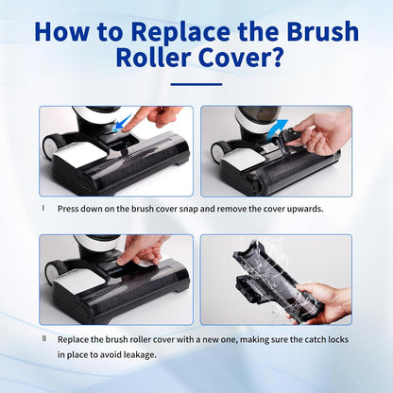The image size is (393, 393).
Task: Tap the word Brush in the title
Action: [317, 32]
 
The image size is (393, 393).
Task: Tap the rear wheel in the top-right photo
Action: [216, 150]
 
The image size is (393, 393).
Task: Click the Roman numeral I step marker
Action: [43, 206]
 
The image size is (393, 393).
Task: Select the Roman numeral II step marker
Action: [43, 337]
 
